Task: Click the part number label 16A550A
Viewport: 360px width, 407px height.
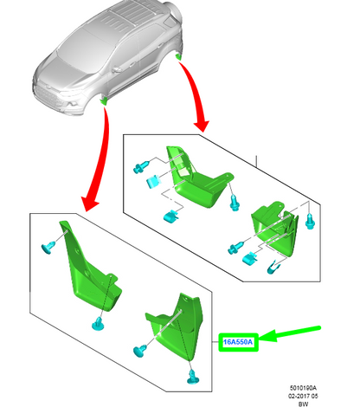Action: point(238,342)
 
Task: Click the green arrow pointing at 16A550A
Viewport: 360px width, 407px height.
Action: point(290,335)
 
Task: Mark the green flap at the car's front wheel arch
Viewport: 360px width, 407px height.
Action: point(104,101)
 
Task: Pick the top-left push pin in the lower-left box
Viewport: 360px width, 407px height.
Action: point(45,248)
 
